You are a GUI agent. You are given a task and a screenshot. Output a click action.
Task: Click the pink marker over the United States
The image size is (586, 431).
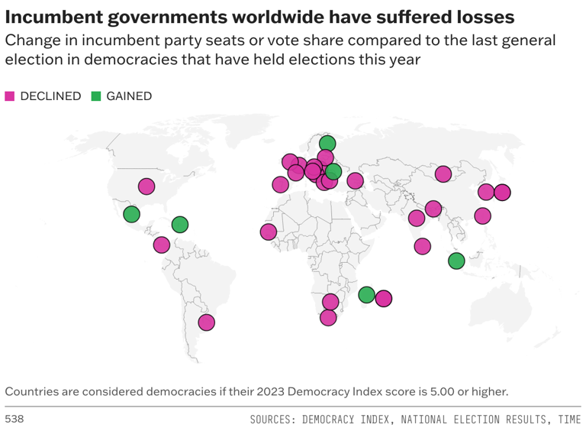click(146, 186)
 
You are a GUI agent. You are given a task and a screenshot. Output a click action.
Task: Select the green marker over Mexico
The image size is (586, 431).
click(132, 214)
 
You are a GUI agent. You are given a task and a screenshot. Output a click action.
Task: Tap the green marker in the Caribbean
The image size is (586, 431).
click(179, 224)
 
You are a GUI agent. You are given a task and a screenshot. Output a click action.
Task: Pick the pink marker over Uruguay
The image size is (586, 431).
click(206, 322)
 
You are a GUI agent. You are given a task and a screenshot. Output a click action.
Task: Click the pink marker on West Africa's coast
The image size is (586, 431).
click(268, 232)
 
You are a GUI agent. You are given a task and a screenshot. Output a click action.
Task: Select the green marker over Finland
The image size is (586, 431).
click(327, 144)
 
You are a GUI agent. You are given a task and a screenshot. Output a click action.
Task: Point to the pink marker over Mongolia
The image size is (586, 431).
click(443, 174)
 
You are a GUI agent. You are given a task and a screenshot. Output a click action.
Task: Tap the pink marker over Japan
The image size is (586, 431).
click(502, 193)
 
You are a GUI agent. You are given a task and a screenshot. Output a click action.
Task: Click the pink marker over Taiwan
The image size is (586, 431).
click(482, 216)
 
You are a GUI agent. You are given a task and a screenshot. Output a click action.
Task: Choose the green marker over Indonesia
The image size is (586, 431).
click(456, 261)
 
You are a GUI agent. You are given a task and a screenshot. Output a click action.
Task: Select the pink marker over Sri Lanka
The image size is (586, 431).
click(422, 246)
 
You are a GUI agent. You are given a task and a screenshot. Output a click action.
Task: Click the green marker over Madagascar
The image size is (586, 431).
click(366, 295)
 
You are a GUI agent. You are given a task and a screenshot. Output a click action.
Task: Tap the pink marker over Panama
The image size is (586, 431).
click(161, 245)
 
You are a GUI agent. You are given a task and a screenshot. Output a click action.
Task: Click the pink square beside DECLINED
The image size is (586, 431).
click(10, 96)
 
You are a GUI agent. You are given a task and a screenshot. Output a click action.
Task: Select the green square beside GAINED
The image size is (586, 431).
click(96, 96)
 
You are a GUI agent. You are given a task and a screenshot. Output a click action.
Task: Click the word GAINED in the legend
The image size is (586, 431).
click(129, 96)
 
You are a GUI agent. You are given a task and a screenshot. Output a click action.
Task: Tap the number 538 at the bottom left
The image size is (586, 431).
click(14, 420)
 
